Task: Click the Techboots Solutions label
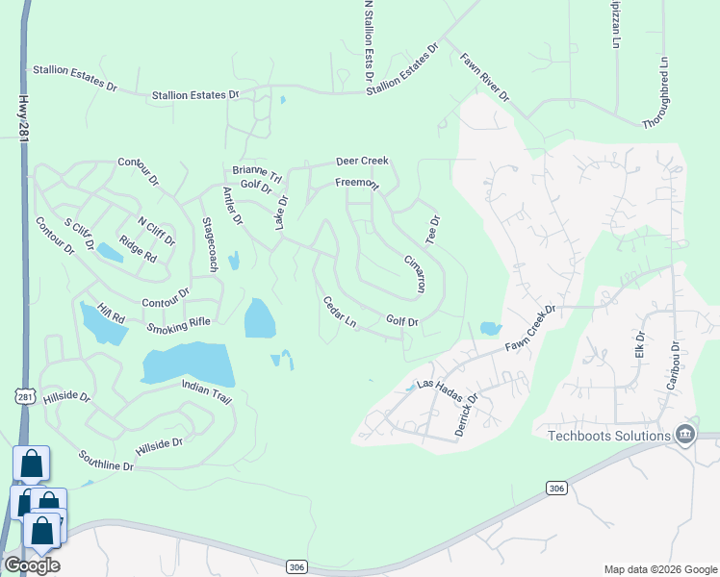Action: pos(608,436)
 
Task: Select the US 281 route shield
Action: pos(25,395)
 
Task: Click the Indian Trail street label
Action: pos(208,388)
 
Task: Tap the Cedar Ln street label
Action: pos(340,313)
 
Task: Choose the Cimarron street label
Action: pos(415,274)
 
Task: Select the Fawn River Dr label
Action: pos(484,78)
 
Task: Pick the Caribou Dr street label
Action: pos(674,365)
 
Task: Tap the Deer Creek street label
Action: pos(361,162)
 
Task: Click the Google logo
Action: pos(31,565)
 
